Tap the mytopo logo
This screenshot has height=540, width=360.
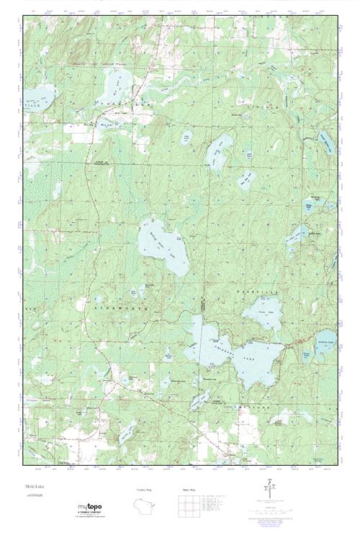pyautogui.click(x=90, y=510)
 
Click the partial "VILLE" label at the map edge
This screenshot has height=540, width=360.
pyautogui.click(x=32, y=106)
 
